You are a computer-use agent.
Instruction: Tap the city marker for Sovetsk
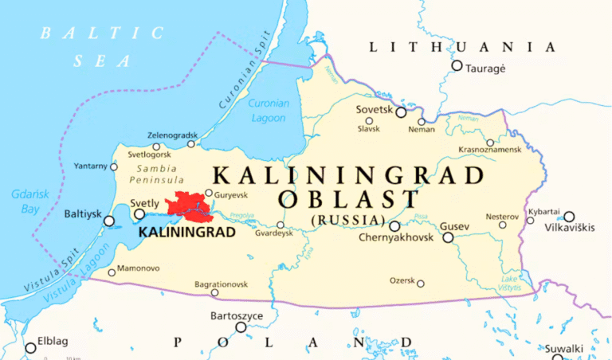[401, 112]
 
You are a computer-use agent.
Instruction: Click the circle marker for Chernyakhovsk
[394, 226]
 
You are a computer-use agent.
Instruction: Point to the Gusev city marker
[448, 237]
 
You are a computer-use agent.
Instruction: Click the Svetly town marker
[139, 213]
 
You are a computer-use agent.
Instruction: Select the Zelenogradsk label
[172, 135]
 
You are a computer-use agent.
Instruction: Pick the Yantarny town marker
[114, 166]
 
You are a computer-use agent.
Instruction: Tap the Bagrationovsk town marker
[214, 293]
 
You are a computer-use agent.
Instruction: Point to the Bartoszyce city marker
[241, 327]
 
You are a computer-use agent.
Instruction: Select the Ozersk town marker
[420, 284]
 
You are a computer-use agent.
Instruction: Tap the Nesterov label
[502, 216]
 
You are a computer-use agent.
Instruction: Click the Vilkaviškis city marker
[569, 216]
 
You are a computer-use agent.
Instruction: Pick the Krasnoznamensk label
[490, 150]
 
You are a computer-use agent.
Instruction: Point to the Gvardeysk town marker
[280, 225]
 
